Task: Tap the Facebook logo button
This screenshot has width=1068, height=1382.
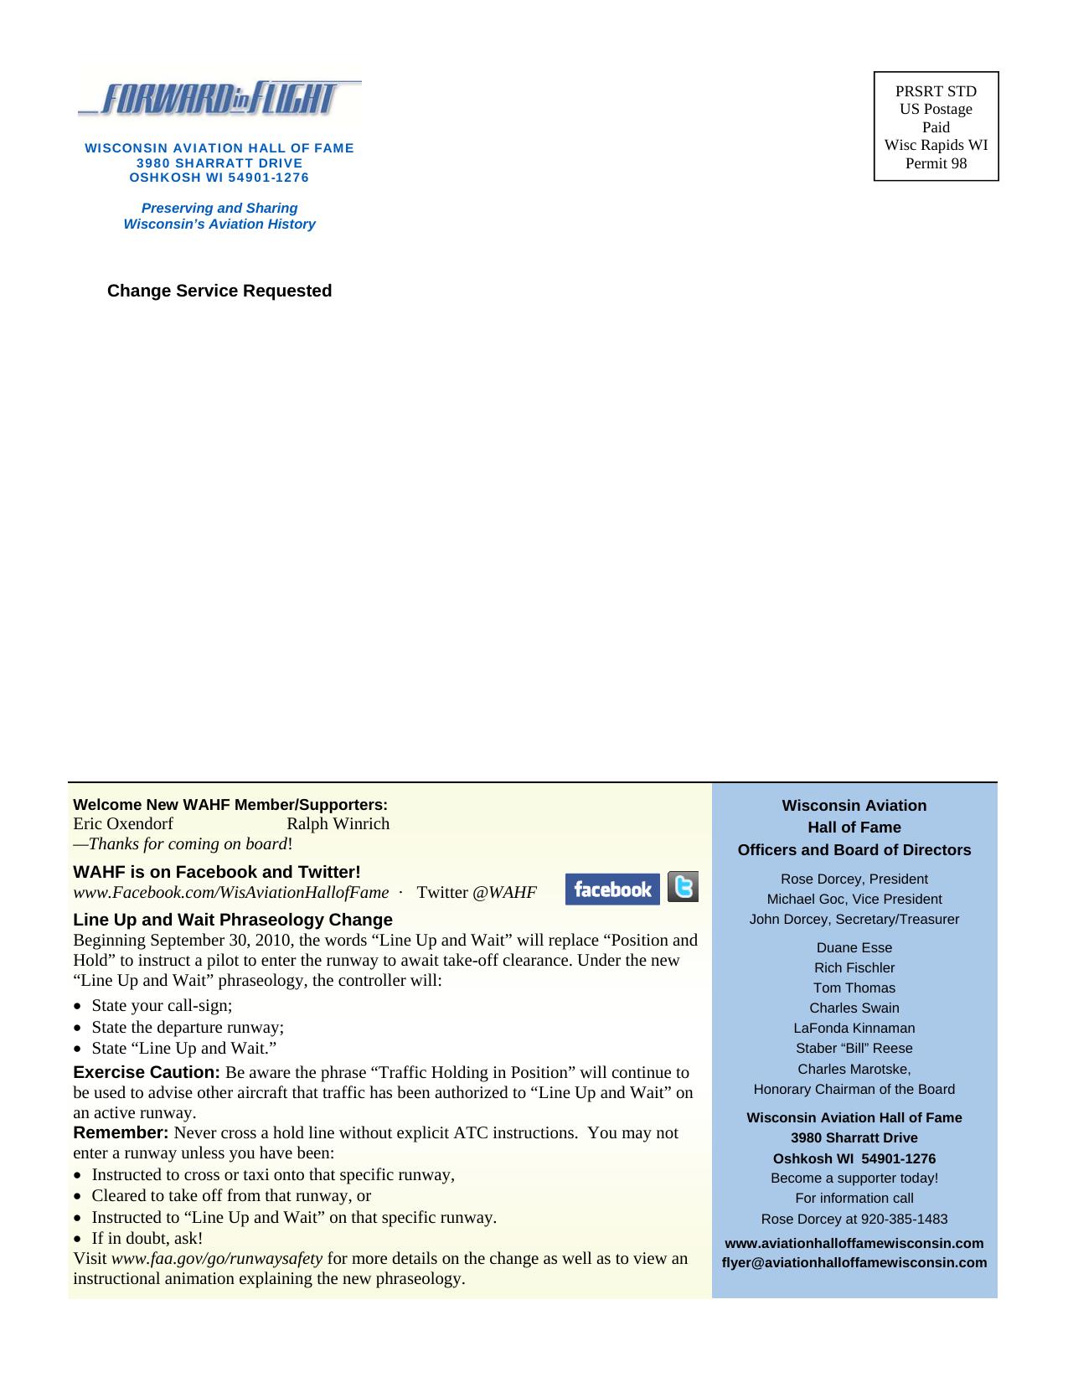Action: (612, 890)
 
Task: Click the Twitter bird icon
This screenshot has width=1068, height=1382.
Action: (684, 887)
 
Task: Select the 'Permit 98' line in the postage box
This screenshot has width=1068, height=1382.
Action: (936, 163)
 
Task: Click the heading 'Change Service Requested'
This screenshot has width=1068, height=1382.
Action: (219, 291)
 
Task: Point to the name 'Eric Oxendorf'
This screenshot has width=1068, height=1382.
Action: (123, 823)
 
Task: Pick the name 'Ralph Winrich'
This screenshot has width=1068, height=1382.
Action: (338, 823)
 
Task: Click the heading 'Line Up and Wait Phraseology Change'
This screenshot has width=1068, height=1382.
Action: (233, 920)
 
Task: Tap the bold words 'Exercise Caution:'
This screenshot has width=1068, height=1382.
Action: (147, 1072)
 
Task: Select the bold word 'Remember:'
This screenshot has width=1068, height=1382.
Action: (121, 1133)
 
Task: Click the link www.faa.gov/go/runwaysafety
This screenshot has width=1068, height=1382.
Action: (217, 1258)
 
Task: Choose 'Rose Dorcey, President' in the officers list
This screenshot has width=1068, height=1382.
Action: (854, 879)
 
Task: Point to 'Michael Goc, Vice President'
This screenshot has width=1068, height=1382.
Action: (854, 899)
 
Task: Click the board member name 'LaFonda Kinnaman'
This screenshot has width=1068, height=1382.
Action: (854, 1028)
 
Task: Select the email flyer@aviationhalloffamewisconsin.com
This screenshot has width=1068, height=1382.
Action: (854, 1262)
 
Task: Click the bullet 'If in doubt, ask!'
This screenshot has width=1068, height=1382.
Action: (147, 1238)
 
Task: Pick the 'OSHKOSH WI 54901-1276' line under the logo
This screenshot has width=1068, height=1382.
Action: (219, 178)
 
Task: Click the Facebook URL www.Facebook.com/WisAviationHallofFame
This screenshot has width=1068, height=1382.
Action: (231, 892)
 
